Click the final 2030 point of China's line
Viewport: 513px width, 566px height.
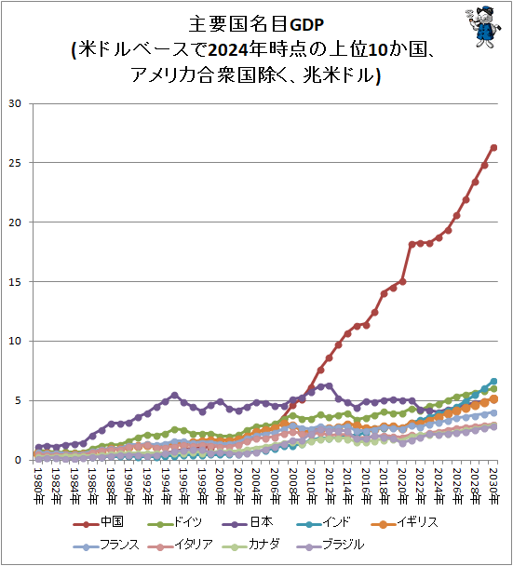point(493,147)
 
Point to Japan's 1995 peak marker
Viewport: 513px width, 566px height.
point(174,395)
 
